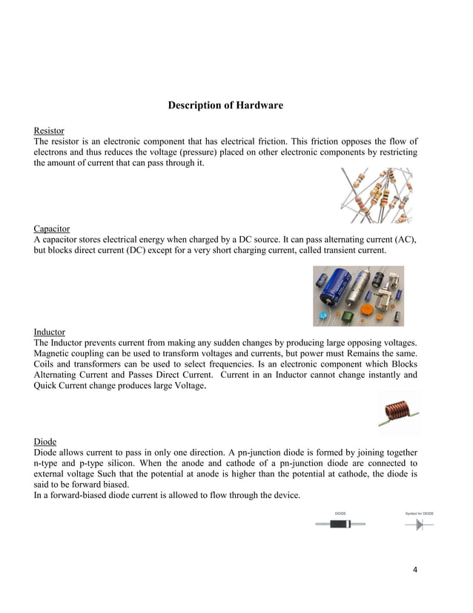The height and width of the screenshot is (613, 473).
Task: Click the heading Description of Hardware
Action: tap(225, 105)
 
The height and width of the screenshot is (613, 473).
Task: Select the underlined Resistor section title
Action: tap(49, 131)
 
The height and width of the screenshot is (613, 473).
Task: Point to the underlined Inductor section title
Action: tap(50, 332)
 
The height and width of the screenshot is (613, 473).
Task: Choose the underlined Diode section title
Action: tap(45, 440)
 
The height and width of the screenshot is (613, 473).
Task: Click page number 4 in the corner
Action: tap(415, 570)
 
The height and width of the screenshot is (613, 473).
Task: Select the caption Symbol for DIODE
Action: tap(419, 513)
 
